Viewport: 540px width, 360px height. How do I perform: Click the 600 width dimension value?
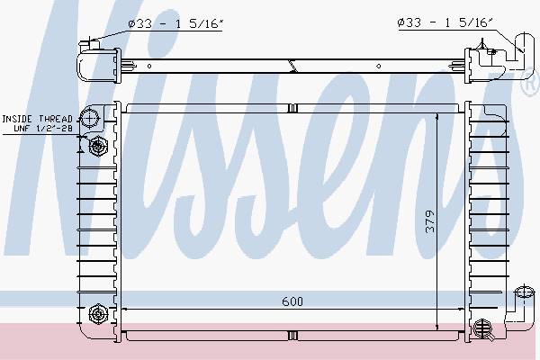point(292,301)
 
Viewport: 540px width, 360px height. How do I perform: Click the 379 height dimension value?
point(430,221)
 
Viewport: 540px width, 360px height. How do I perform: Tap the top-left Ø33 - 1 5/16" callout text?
point(175,23)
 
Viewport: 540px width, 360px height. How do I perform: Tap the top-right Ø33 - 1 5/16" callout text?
point(445,22)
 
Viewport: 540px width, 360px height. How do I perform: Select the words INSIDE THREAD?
point(37,119)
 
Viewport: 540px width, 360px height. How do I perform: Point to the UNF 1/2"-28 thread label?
point(43,129)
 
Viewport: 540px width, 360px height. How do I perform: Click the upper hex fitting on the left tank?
point(98,146)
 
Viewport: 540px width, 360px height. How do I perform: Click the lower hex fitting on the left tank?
point(98,314)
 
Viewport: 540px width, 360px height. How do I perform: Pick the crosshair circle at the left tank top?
point(89,118)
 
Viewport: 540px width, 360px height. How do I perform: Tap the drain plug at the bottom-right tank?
point(481,328)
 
